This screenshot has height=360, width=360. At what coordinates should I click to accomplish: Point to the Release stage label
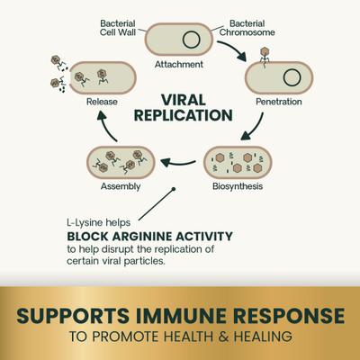102,103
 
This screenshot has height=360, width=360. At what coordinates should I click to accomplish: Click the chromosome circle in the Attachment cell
192,40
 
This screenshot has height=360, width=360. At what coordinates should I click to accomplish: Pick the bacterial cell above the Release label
102,76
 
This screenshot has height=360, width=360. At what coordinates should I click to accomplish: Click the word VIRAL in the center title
180,101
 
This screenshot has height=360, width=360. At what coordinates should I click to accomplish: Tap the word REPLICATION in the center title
180,117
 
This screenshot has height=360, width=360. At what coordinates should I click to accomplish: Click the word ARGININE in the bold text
147,237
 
